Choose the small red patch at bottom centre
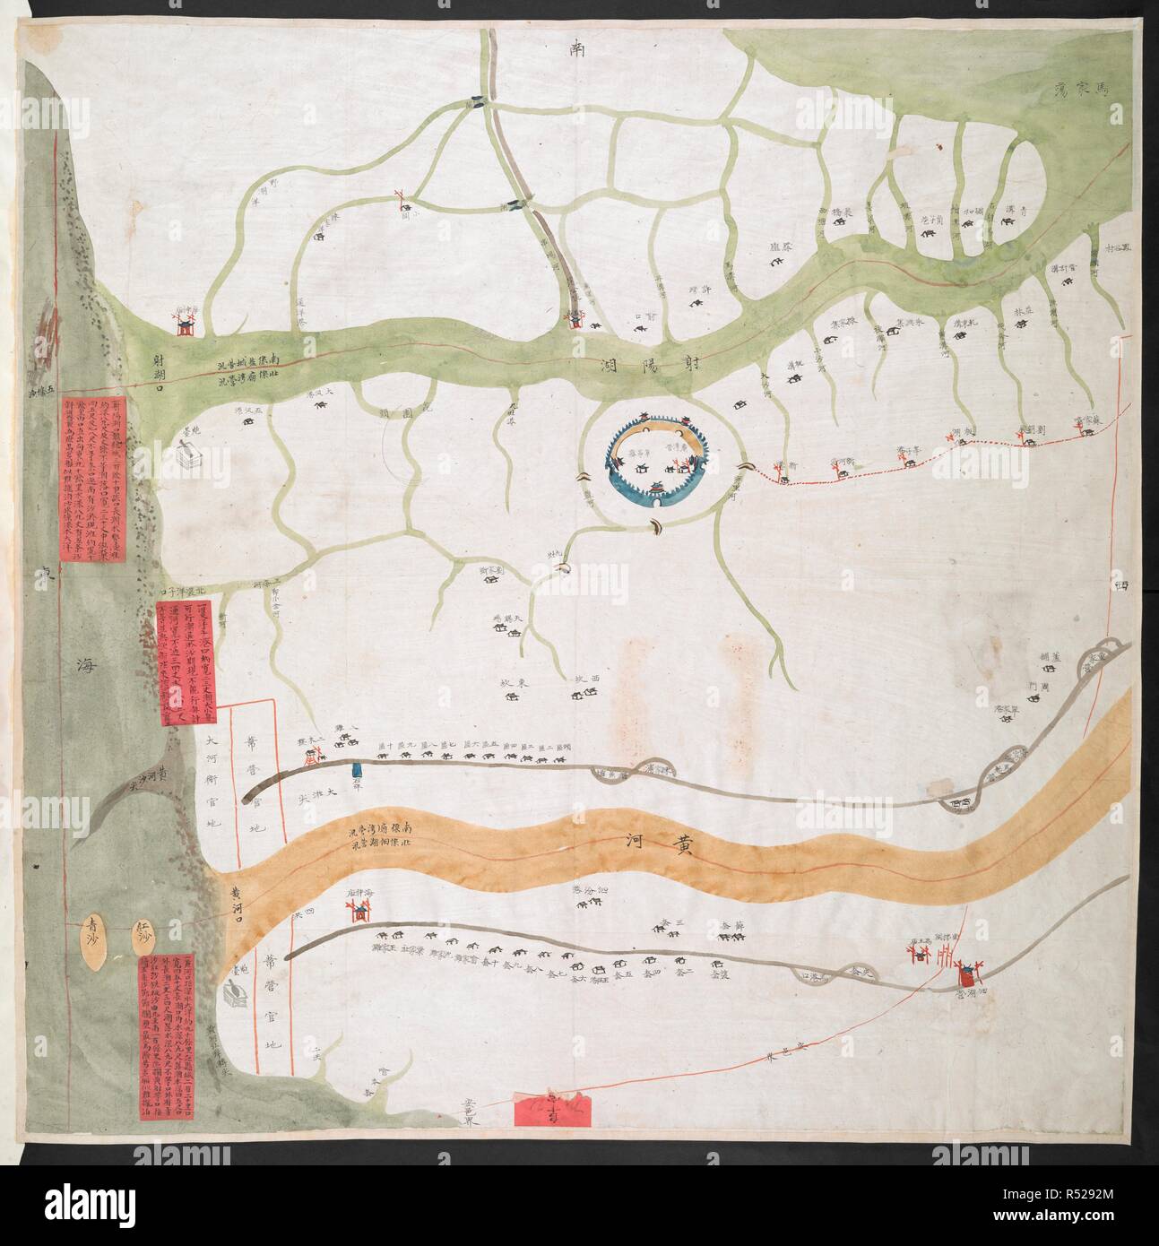[547, 1114]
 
